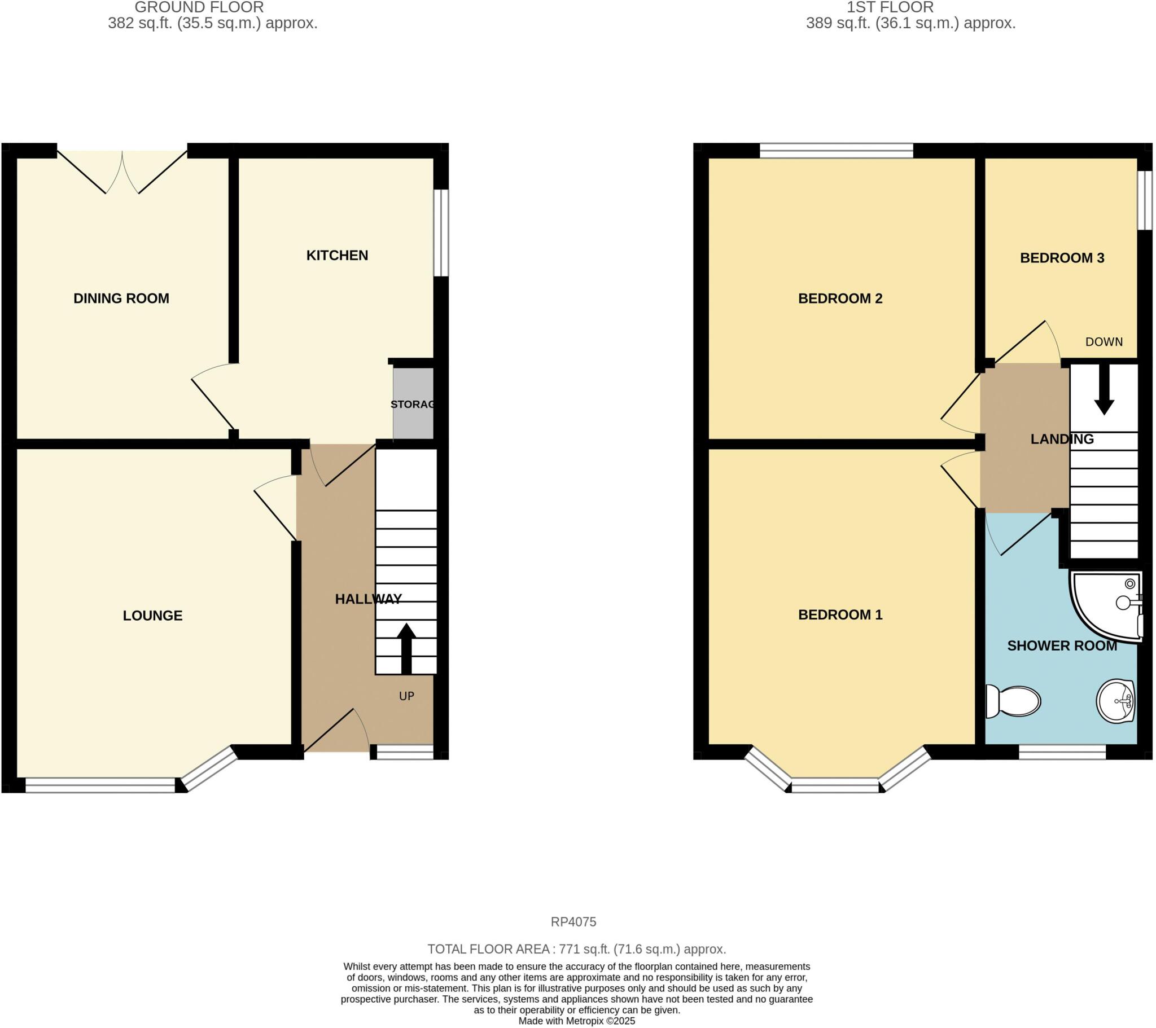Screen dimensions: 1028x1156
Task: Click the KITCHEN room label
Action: [337, 256]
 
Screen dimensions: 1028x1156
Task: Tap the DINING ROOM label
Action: [121, 298]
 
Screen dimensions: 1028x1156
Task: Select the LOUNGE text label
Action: [153, 616]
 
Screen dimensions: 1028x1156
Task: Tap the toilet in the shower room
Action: [1013, 702]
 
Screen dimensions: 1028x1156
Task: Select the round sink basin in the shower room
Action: [1115, 701]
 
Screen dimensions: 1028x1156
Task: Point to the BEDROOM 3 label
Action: [1062, 258]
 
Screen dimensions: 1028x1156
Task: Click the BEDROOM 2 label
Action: [840, 298]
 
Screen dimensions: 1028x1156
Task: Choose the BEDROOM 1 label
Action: [840, 614]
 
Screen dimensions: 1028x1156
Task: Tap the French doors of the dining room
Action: [122, 170]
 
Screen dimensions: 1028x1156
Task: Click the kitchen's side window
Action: [441, 233]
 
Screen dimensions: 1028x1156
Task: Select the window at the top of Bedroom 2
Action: [836, 151]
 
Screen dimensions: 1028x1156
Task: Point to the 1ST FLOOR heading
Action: [890, 8]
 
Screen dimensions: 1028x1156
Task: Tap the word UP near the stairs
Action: [406, 696]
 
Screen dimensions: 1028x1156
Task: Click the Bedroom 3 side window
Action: [1145, 200]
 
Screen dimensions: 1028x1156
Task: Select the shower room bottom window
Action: [1062, 752]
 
